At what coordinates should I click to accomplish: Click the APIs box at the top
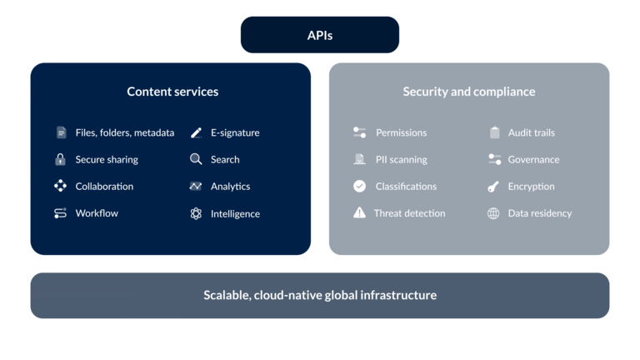click(320, 36)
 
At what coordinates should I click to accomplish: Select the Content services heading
click(172, 92)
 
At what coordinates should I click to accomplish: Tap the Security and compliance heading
click(469, 92)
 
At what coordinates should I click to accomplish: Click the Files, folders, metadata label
click(125, 132)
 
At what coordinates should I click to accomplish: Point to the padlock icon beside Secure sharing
click(60, 159)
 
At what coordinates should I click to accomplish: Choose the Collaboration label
click(104, 186)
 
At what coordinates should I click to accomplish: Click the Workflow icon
click(60, 213)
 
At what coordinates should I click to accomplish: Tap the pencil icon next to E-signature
click(196, 132)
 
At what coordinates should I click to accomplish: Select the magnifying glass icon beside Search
click(196, 159)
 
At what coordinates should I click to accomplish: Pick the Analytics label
click(230, 187)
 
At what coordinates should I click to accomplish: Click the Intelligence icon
click(196, 213)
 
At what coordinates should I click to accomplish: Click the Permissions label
click(401, 132)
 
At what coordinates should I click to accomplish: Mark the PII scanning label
click(401, 159)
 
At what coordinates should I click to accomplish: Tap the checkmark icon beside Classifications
click(359, 186)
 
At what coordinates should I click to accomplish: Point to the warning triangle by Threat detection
click(359, 213)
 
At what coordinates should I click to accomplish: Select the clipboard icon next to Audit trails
click(494, 132)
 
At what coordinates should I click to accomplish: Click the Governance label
click(533, 159)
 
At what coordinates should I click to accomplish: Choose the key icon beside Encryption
click(493, 187)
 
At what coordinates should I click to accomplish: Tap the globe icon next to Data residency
click(493, 213)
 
